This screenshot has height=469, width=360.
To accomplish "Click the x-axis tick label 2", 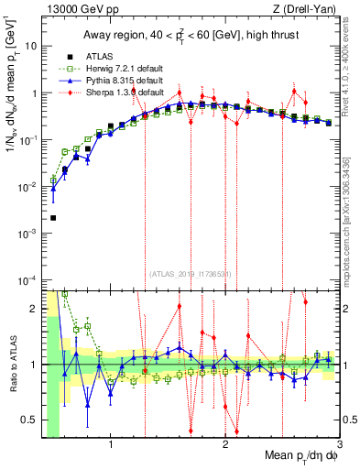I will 225,445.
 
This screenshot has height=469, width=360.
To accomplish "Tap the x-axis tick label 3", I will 339,445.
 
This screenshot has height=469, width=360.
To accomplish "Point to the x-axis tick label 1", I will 111,445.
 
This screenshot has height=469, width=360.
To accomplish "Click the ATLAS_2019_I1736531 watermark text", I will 191,272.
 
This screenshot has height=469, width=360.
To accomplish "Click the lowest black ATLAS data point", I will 53,218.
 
